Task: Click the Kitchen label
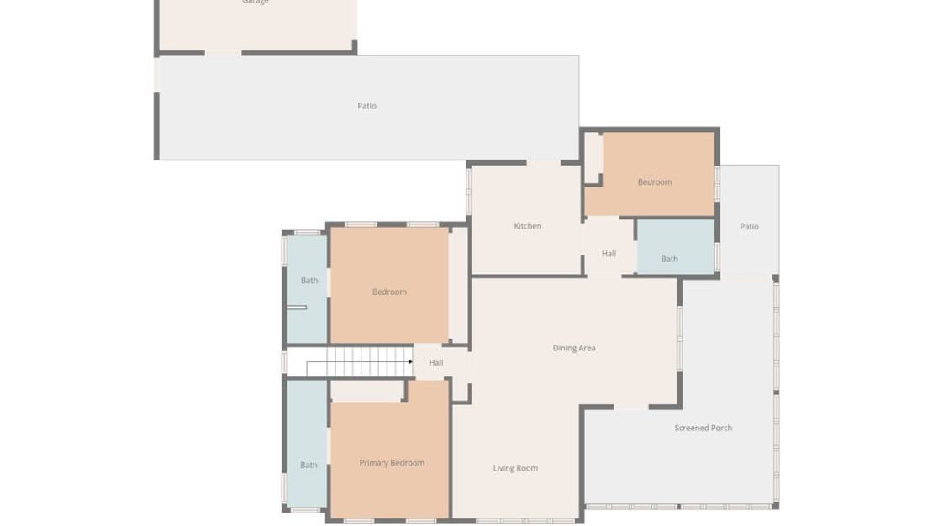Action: point(527,226)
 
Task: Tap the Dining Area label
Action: point(574,348)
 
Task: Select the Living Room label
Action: point(515,468)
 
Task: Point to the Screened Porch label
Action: point(703,428)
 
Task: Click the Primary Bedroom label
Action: point(392,463)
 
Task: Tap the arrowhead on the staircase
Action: point(410,362)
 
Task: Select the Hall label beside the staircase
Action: point(436,363)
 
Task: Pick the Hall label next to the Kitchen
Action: point(609,254)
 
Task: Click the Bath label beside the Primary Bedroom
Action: point(308,465)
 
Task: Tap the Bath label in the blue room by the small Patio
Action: point(669,259)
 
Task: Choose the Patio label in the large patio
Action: point(366,106)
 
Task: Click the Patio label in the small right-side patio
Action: point(749,227)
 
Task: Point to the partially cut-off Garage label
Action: point(256,3)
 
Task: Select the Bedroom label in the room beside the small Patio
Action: point(654,182)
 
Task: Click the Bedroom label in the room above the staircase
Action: point(389,292)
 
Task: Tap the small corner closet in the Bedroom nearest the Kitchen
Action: point(593,156)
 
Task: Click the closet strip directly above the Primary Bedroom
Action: point(366,391)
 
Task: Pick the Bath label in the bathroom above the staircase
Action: point(309,281)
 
